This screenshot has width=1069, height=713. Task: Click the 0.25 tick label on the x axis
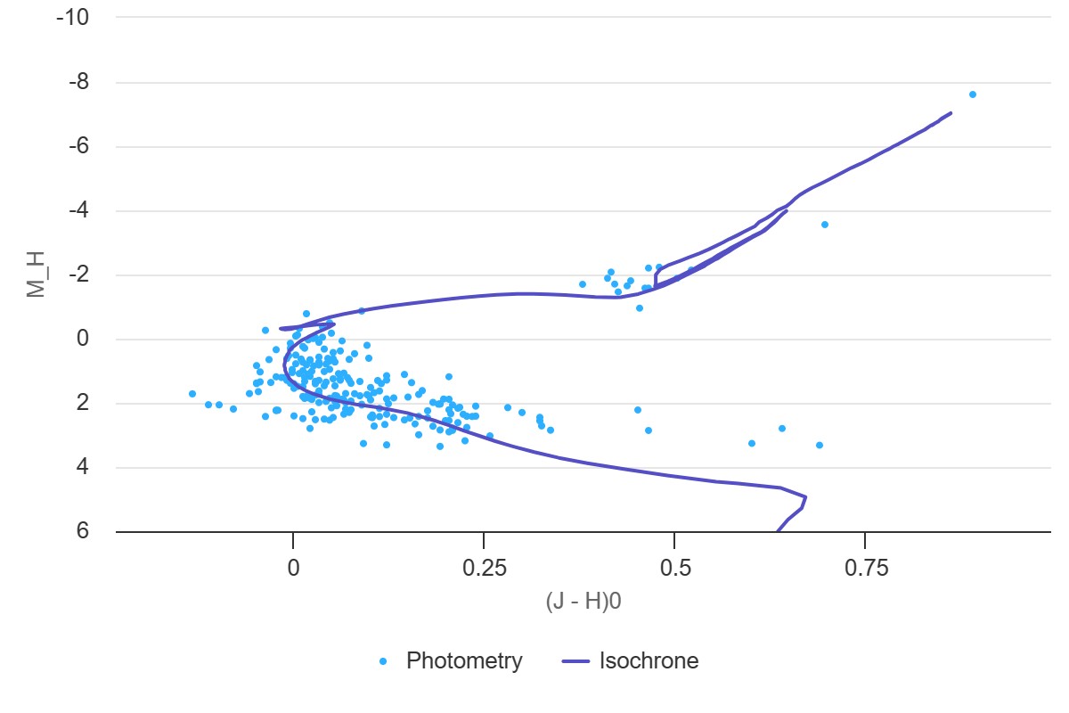483,569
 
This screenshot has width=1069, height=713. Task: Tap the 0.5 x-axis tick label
674,569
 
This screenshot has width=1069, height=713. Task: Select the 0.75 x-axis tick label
866,569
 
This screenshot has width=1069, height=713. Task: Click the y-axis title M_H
36,275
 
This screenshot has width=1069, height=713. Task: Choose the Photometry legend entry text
464,661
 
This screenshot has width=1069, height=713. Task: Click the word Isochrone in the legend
649,661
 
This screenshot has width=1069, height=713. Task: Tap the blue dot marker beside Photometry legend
384,661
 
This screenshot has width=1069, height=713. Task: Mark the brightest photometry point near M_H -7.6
973,94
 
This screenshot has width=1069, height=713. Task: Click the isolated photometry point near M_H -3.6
825,225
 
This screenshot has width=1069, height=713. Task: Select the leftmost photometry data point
192,394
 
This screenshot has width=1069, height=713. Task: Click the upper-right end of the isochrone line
951,113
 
